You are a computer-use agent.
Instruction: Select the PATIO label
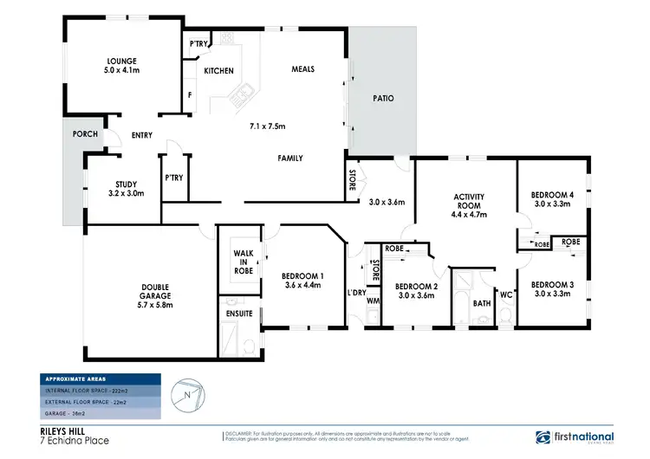point(382,98)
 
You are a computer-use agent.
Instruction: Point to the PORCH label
point(83,134)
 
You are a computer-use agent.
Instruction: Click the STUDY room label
point(127,183)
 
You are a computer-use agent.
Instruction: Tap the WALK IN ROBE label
point(244,262)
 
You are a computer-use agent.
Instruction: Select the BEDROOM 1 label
point(302,277)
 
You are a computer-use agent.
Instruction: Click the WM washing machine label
point(373,301)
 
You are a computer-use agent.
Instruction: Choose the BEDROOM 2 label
point(416,285)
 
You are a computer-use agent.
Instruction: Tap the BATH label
point(482,303)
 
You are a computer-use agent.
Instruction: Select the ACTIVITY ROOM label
point(468,202)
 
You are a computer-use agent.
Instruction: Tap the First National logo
point(575,437)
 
